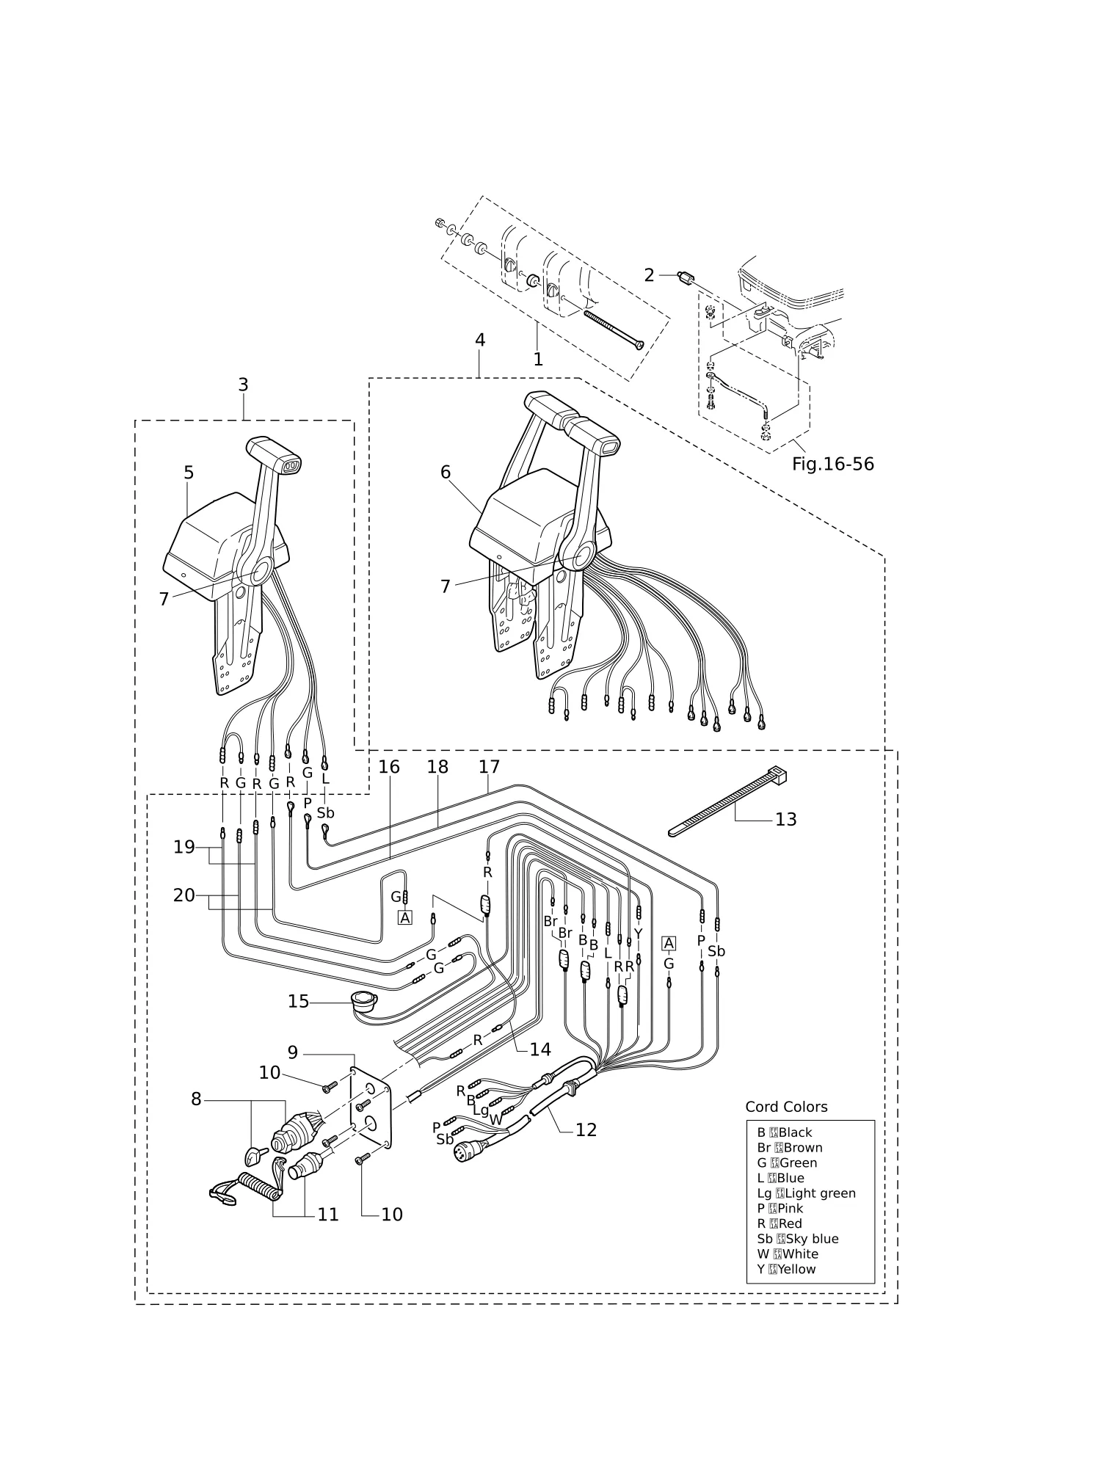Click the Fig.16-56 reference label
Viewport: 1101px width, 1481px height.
(x=833, y=465)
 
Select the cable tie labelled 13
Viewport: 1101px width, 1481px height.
(x=727, y=801)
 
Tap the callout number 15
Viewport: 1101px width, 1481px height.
(x=298, y=1001)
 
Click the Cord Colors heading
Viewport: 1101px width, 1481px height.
(x=786, y=1107)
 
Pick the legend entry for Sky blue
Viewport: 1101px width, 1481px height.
(x=798, y=1239)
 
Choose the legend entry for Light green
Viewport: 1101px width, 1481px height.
(x=806, y=1193)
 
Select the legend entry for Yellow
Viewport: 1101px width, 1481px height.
(x=786, y=1269)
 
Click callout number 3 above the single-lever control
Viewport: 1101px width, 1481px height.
(x=243, y=385)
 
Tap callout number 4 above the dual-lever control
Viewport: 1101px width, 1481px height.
(x=480, y=340)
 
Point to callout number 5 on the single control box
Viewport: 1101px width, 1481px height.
(x=189, y=473)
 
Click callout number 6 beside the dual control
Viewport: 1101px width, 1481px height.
(x=446, y=472)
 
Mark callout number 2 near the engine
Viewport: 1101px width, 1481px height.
(x=649, y=275)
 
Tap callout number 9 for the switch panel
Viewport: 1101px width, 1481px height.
(x=293, y=1052)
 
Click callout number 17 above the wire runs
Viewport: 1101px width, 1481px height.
(x=489, y=767)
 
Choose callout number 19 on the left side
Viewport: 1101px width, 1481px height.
(x=184, y=847)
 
